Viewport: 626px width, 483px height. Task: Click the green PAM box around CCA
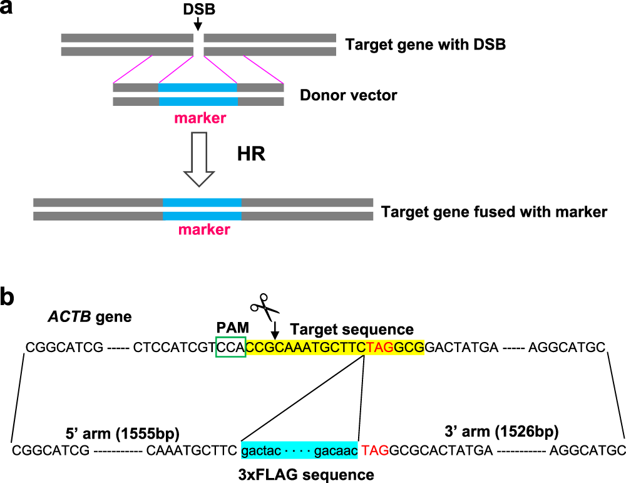[x=230, y=346]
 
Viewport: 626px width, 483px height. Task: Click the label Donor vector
[x=348, y=96]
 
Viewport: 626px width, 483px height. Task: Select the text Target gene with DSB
[x=425, y=45]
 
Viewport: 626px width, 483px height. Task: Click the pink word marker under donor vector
[x=198, y=117]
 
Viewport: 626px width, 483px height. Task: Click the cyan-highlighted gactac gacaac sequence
[x=299, y=450]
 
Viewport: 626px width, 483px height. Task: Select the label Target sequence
[x=351, y=330]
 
